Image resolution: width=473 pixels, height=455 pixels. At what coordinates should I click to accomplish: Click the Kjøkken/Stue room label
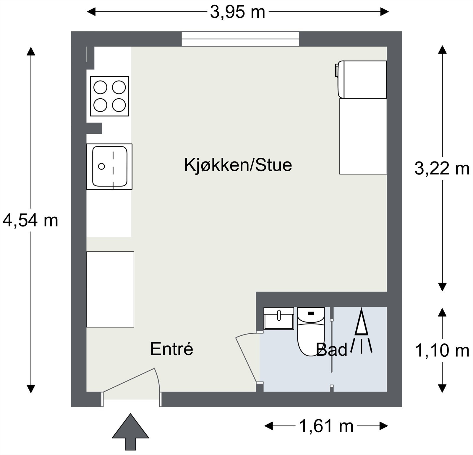(x=238, y=165)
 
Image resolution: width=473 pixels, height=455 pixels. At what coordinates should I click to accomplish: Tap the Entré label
(x=171, y=349)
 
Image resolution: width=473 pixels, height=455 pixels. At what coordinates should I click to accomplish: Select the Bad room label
(x=332, y=350)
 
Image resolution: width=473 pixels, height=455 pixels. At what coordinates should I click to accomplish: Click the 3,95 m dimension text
(x=237, y=12)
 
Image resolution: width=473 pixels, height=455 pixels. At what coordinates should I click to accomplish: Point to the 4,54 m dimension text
(x=30, y=221)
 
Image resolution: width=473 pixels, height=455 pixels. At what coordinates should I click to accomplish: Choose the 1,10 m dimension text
(x=442, y=351)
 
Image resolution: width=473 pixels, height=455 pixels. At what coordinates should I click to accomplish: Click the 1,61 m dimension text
(x=326, y=426)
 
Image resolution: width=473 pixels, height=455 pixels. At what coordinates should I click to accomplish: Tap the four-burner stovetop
(x=110, y=96)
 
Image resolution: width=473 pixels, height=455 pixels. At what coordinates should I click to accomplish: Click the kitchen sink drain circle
(x=101, y=166)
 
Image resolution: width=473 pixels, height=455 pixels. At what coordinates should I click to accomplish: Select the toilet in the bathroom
(x=310, y=332)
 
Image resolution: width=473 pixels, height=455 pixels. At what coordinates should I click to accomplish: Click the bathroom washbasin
(x=278, y=318)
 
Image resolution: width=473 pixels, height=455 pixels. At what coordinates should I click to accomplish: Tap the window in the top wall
(x=240, y=39)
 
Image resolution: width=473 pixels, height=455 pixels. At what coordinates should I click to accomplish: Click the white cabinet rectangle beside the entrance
(x=110, y=289)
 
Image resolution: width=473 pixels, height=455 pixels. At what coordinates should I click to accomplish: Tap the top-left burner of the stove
(x=100, y=87)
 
